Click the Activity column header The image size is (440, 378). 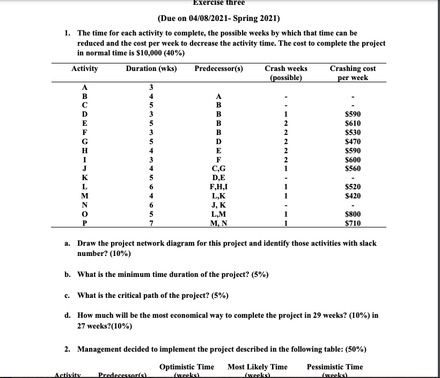tap(85, 69)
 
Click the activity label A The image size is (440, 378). tap(85, 89)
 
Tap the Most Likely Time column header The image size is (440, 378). tap(258, 367)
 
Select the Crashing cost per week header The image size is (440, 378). tap(353, 73)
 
